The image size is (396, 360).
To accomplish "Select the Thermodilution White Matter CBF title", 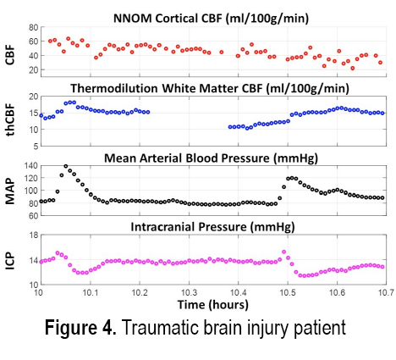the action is click(210, 88).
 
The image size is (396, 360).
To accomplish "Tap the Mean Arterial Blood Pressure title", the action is click(211, 158).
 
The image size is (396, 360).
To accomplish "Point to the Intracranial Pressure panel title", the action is click(212, 227).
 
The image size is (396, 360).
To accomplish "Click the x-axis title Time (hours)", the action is click(213, 305).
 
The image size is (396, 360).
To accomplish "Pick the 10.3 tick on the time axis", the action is click(189, 292).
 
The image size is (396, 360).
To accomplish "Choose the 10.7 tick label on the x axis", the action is click(386, 292).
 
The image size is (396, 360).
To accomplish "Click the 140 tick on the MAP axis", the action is click(32, 166).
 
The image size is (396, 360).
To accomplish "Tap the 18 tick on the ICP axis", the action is click(34, 235).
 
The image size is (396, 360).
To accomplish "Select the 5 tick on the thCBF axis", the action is click(36, 147).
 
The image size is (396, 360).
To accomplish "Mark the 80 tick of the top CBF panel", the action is click(33, 27).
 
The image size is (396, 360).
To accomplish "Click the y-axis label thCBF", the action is click(10, 120).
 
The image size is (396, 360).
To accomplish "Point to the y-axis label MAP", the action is click(10, 191).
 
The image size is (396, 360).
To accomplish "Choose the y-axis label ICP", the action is click(10, 261).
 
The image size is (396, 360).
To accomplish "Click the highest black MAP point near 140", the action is click(66, 166).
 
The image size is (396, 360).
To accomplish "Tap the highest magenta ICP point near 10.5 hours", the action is click(283, 252).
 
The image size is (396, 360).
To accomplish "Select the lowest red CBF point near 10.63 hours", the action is click(353, 68).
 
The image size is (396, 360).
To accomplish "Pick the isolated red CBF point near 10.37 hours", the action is click(222, 52).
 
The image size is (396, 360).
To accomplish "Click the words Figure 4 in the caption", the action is click(80, 328).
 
